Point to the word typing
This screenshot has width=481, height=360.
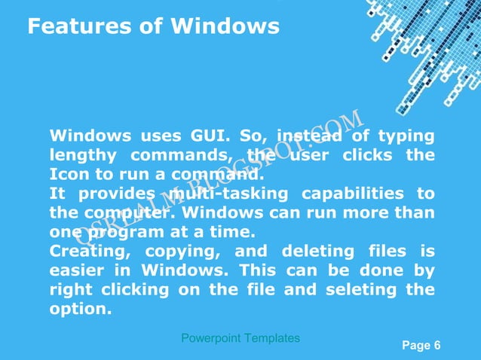[x=406, y=136]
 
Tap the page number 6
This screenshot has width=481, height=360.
[x=437, y=346]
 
